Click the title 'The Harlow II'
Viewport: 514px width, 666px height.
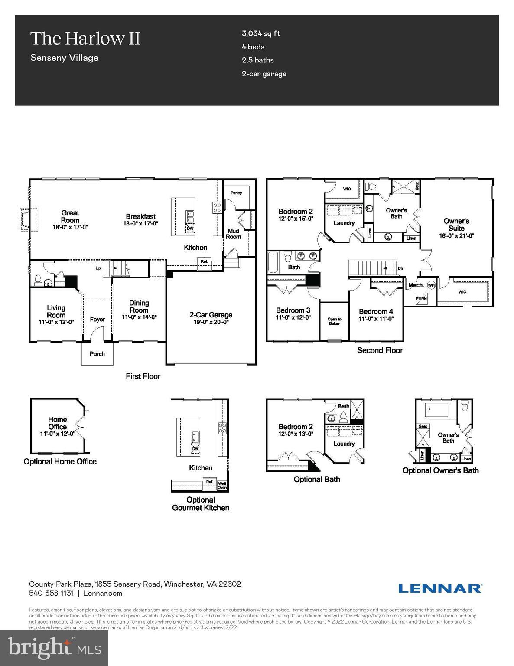pyautogui.click(x=85, y=39)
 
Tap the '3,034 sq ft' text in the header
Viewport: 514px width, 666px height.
pyautogui.click(x=261, y=33)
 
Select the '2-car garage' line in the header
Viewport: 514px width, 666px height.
pyautogui.click(x=264, y=74)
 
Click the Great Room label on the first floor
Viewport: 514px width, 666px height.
pyautogui.click(x=70, y=216)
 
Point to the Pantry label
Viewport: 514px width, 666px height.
pyautogui.click(x=236, y=193)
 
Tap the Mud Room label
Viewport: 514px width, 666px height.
pyautogui.click(x=233, y=234)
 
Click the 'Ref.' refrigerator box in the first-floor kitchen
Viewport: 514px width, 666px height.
pyautogui.click(x=204, y=261)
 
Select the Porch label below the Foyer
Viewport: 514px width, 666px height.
pyautogui.click(x=97, y=354)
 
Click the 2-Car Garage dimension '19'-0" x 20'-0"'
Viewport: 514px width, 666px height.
pyautogui.click(x=211, y=322)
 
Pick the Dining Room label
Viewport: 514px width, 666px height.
pyautogui.click(x=139, y=307)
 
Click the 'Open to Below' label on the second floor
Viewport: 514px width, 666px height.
pyautogui.click(x=334, y=321)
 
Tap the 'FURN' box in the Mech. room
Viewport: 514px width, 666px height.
pyautogui.click(x=421, y=299)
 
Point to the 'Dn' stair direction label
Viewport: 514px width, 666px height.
pyautogui.click(x=400, y=268)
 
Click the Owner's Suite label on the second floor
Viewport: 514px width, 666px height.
pyautogui.click(x=456, y=225)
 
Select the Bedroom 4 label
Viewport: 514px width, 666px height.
pyautogui.click(x=376, y=311)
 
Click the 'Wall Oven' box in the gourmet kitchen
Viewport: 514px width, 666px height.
pyautogui.click(x=222, y=485)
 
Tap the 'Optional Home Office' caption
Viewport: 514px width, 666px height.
pyautogui.click(x=60, y=461)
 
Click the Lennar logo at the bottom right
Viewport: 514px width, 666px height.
pyautogui.click(x=439, y=588)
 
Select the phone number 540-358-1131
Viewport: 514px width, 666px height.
pyautogui.click(x=51, y=593)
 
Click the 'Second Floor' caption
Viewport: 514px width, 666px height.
pyautogui.click(x=380, y=350)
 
